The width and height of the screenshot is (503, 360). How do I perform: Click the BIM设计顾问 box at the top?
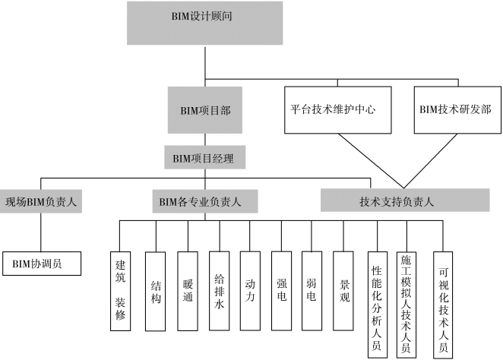pyautogui.click(x=204, y=22)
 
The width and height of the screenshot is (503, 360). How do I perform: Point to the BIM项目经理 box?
pyautogui.click(x=203, y=159)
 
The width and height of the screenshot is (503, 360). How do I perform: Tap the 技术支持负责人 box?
pyautogui.click(x=397, y=201)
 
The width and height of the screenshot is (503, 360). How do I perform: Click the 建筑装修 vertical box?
pyautogui.click(x=120, y=291)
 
